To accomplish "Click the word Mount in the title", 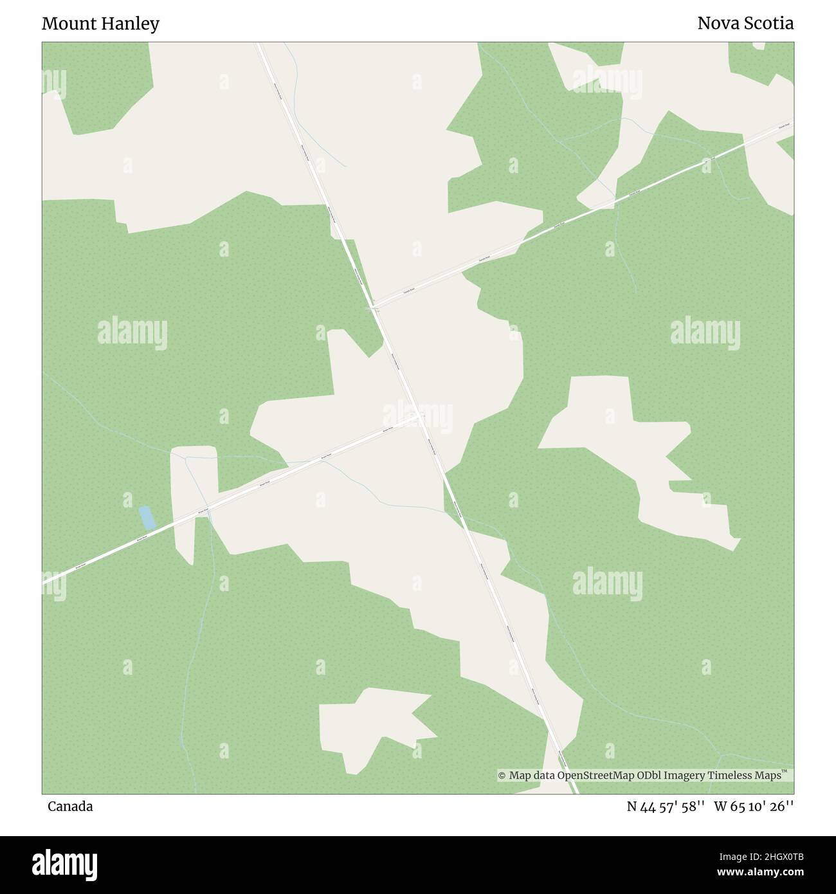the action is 66,24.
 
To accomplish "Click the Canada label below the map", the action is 69,807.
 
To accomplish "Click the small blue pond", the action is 147,517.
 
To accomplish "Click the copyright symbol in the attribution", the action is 502,776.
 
